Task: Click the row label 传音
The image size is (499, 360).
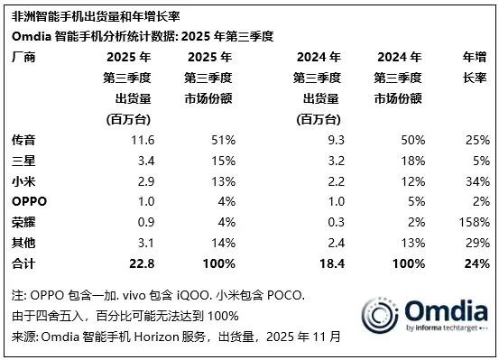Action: coord(22,141)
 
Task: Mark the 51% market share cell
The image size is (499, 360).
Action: coord(224,141)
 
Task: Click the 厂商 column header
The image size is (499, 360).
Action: coord(22,56)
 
